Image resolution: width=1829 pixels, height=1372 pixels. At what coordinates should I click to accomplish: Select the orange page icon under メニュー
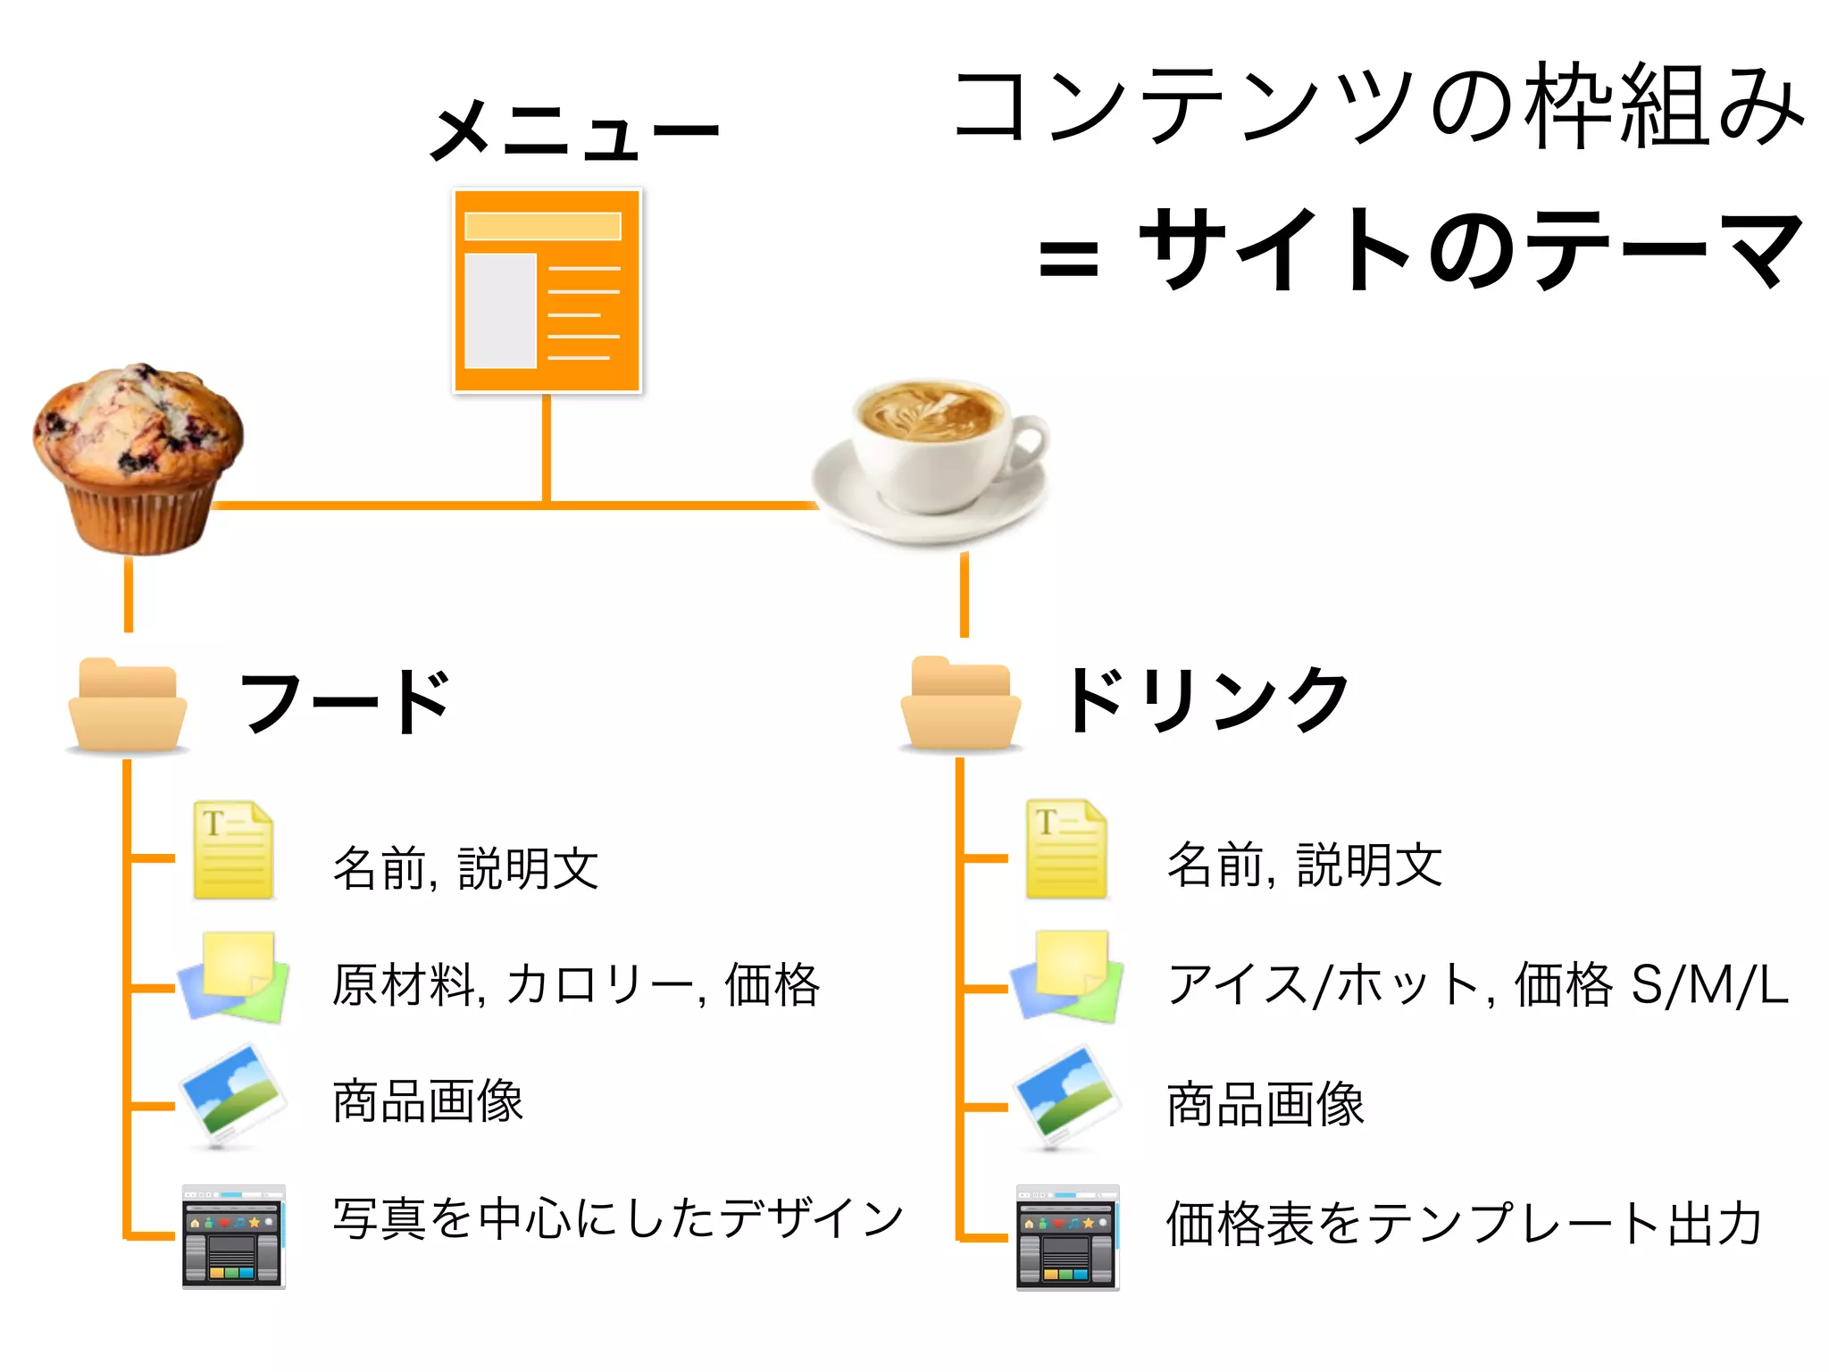[x=547, y=290]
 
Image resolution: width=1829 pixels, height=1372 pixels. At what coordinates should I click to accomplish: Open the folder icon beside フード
[x=127, y=706]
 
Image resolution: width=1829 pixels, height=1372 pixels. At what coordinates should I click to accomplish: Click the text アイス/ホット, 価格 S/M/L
[x=1478, y=985]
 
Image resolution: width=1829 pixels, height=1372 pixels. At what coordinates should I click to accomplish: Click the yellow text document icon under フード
[x=233, y=850]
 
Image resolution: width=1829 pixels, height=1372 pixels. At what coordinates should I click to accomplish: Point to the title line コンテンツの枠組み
[x=1380, y=107]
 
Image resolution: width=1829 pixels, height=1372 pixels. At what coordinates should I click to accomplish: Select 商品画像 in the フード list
[x=428, y=1101]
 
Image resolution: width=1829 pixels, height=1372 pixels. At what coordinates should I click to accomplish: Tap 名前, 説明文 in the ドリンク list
[x=1305, y=865]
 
